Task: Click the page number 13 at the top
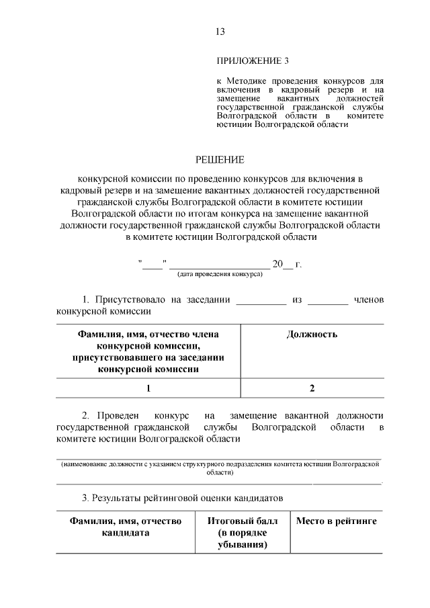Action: (220, 31)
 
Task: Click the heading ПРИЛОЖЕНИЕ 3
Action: (253, 61)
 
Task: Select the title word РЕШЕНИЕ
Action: (220, 160)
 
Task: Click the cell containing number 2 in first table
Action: (312, 388)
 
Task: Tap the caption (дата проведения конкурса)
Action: (220, 275)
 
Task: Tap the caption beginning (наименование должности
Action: (220, 468)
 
